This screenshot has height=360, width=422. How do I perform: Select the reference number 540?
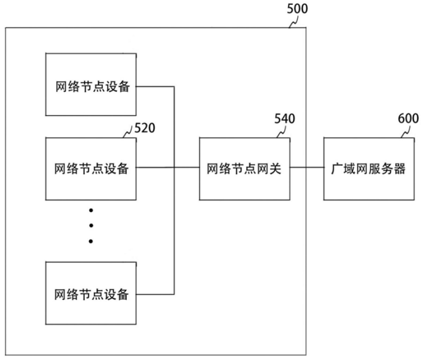point(284,118)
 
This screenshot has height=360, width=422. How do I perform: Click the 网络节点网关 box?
point(244,169)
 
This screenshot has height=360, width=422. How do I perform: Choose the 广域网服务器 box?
point(364,169)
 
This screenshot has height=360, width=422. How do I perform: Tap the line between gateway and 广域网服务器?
point(306,168)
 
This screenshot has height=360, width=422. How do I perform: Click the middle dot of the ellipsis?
point(91,225)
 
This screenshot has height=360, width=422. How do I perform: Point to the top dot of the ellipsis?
point(91,210)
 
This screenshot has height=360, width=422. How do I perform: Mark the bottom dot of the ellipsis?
point(91,241)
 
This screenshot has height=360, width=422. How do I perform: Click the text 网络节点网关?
point(244,169)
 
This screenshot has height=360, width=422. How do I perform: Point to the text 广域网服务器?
point(364,169)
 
